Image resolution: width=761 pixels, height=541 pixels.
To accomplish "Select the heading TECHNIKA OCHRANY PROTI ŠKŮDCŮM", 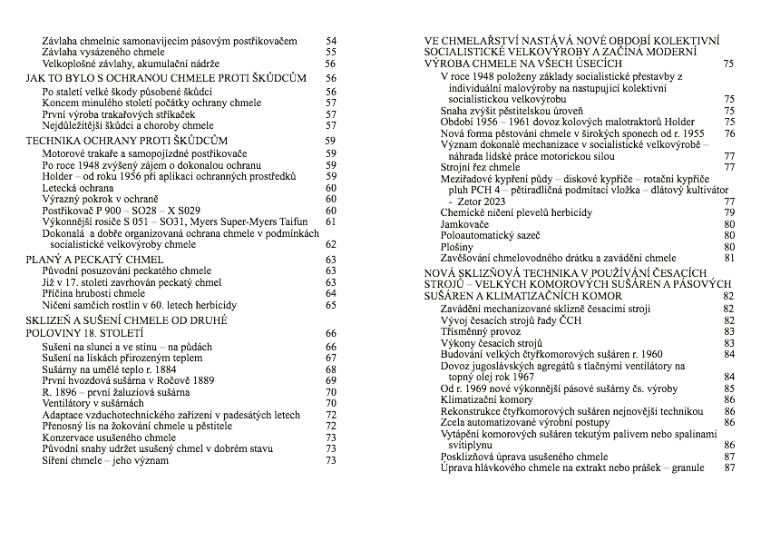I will pos(126,141).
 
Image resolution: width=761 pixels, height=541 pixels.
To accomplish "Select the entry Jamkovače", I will pos(465,223).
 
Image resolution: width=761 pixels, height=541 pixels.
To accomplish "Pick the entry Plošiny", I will pos(457,246).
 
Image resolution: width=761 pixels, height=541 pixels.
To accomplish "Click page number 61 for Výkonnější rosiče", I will pos(330,221).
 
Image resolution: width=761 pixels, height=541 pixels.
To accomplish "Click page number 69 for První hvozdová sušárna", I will pos(330,380).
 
